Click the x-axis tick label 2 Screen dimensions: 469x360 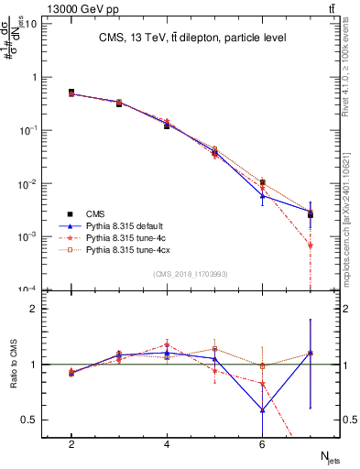[71, 444]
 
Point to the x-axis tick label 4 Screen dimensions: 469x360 [167, 444]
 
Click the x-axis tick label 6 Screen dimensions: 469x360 [262, 444]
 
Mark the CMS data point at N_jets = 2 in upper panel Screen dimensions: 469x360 [71, 93]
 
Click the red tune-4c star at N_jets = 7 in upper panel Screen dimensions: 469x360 [311, 245]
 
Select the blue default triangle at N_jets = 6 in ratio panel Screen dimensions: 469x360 [263, 409]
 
